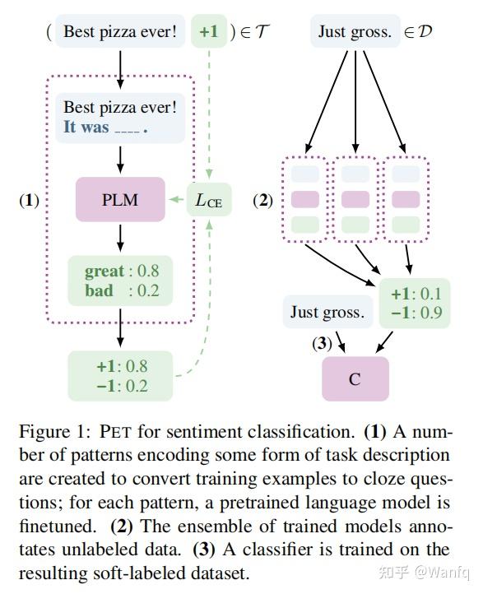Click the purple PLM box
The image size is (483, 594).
[x=120, y=199]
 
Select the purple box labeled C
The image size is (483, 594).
[x=355, y=378]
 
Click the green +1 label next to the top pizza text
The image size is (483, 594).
[x=208, y=32]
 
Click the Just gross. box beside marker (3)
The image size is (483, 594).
[x=327, y=312]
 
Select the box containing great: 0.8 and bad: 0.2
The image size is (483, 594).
[x=120, y=281]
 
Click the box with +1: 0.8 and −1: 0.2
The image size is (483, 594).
[x=120, y=374]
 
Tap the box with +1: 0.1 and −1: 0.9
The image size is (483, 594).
[x=416, y=304]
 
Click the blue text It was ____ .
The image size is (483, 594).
[x=105, y=128]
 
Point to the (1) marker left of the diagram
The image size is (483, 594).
[x=30, y=200]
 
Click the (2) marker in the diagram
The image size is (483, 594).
[x=262, y=200]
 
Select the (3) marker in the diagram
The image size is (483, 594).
[x=322, y=342]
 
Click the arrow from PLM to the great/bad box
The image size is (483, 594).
[x=120, y=239]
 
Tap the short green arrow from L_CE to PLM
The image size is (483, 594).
[x=176, y=199]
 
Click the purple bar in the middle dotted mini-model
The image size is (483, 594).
[x=355, y=199]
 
